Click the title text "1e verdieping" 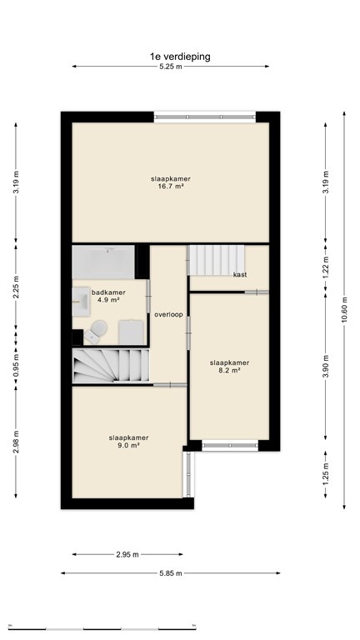179,57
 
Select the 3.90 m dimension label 327,366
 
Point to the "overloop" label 168,314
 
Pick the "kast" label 239,274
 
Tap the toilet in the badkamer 94,334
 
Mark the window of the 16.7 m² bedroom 204,117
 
